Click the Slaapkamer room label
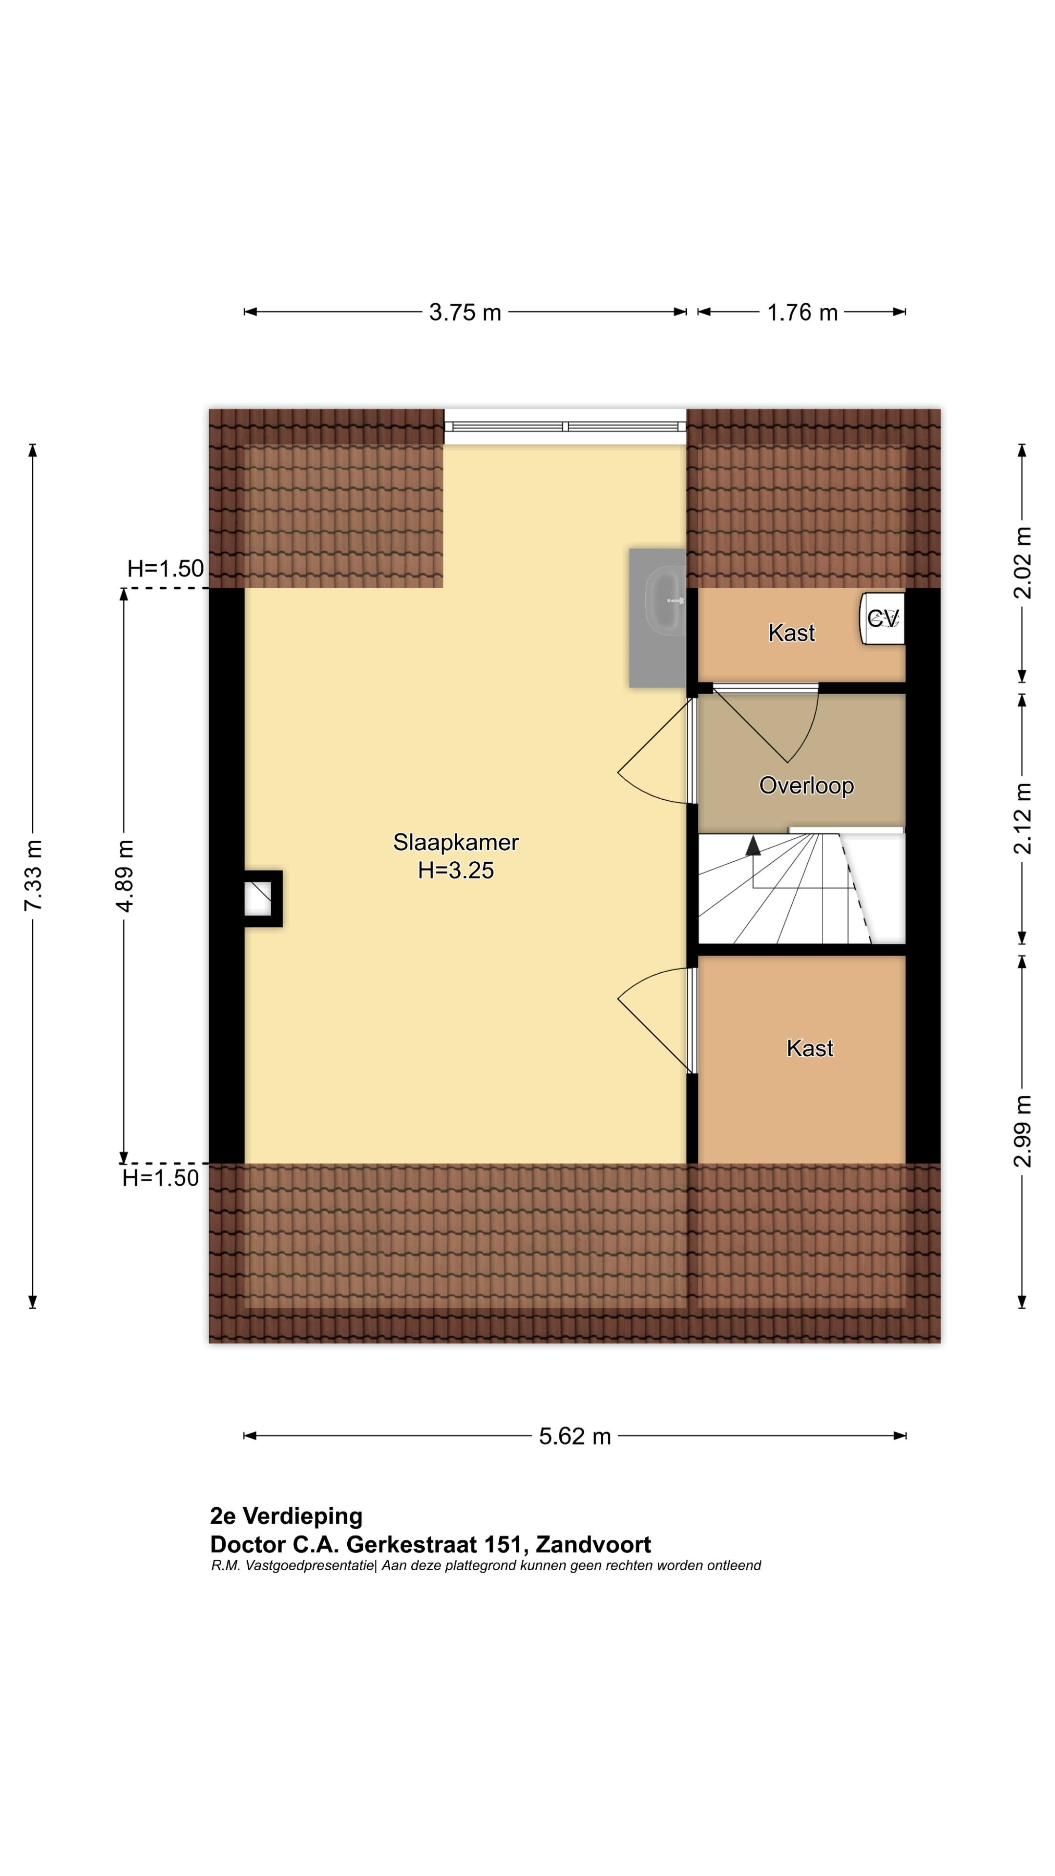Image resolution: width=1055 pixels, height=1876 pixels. [456, 843]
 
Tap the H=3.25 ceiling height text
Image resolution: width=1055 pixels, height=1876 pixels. [456, 870]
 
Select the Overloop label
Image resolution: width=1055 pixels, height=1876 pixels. [806, 786]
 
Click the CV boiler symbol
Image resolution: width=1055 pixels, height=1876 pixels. [883, 618]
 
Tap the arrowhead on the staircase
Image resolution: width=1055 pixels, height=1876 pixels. [753, 845]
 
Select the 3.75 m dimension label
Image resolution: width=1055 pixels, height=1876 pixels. [465, 313]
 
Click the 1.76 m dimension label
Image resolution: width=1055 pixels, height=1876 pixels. [802, 313]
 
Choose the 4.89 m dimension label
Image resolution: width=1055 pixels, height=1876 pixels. [125, 875]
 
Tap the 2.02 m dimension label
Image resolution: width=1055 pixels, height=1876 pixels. [1022, 563]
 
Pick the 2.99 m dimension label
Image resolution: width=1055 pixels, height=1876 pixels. [1022, 1131]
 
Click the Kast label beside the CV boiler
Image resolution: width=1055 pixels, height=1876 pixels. [791, 633]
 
